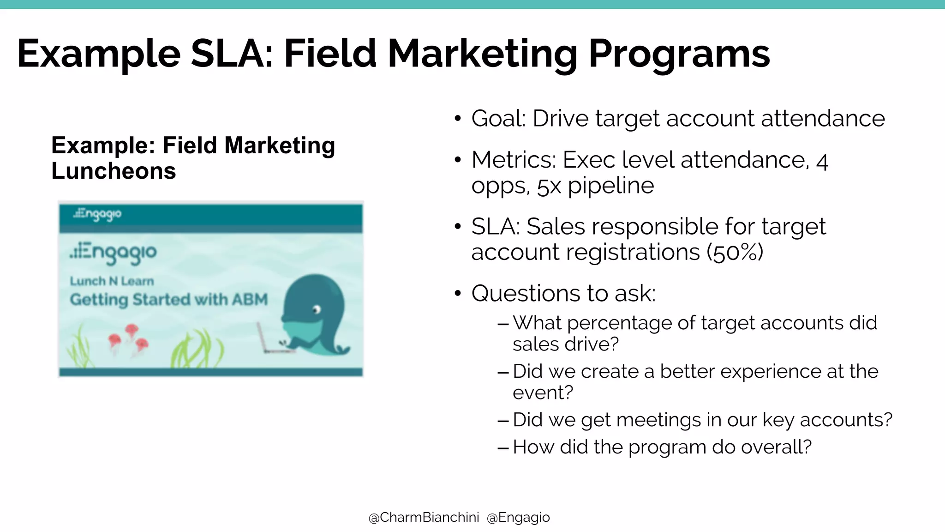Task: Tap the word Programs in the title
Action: [x=679, y=54]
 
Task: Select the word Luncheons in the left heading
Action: [x=114, y=171]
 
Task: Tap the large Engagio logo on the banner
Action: [x=114, y=253]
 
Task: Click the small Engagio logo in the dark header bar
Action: [x=97, y=214]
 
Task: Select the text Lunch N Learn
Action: [x=112, y=281]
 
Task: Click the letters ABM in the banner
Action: [x=250, y=299]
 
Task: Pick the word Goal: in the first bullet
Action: [x=498, y=119]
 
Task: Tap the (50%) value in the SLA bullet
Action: [x=735, y=252]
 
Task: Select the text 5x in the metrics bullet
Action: [x=549, y=186]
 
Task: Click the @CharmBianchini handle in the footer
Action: [x=424, y=518]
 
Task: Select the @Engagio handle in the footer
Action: [x=518, y=518]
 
